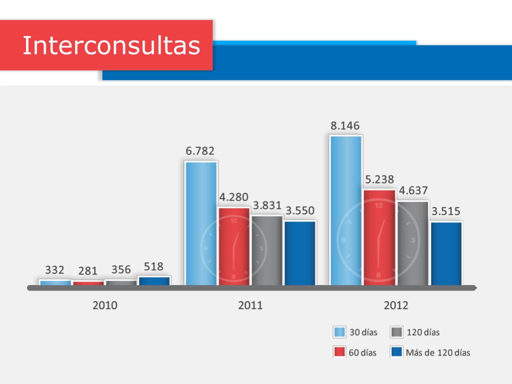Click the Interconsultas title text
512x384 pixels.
[111, 45]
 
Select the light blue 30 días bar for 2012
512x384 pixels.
[345, 210]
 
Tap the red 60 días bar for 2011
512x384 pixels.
[234, 246]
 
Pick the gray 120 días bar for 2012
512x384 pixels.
[413, 243]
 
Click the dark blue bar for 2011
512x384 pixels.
[299, 253]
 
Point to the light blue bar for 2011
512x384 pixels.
[201, 223]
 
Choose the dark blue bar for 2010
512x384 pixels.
[154, 281]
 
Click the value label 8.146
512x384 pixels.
[345, 125]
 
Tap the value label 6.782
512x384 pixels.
[200, 150]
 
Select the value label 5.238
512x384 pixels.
[379, 179]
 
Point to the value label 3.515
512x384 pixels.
[446, 211]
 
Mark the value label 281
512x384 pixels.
[88, 271]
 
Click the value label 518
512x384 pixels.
[153, 266]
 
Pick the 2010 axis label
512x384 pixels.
[105, 305]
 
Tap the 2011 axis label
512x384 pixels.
[250, 305]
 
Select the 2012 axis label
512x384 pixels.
[395, 305]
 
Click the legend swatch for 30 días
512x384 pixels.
[339, 332]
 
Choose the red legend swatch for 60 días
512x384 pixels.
[339, 352]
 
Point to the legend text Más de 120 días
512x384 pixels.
[438, 352]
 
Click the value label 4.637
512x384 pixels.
[413, 190]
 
